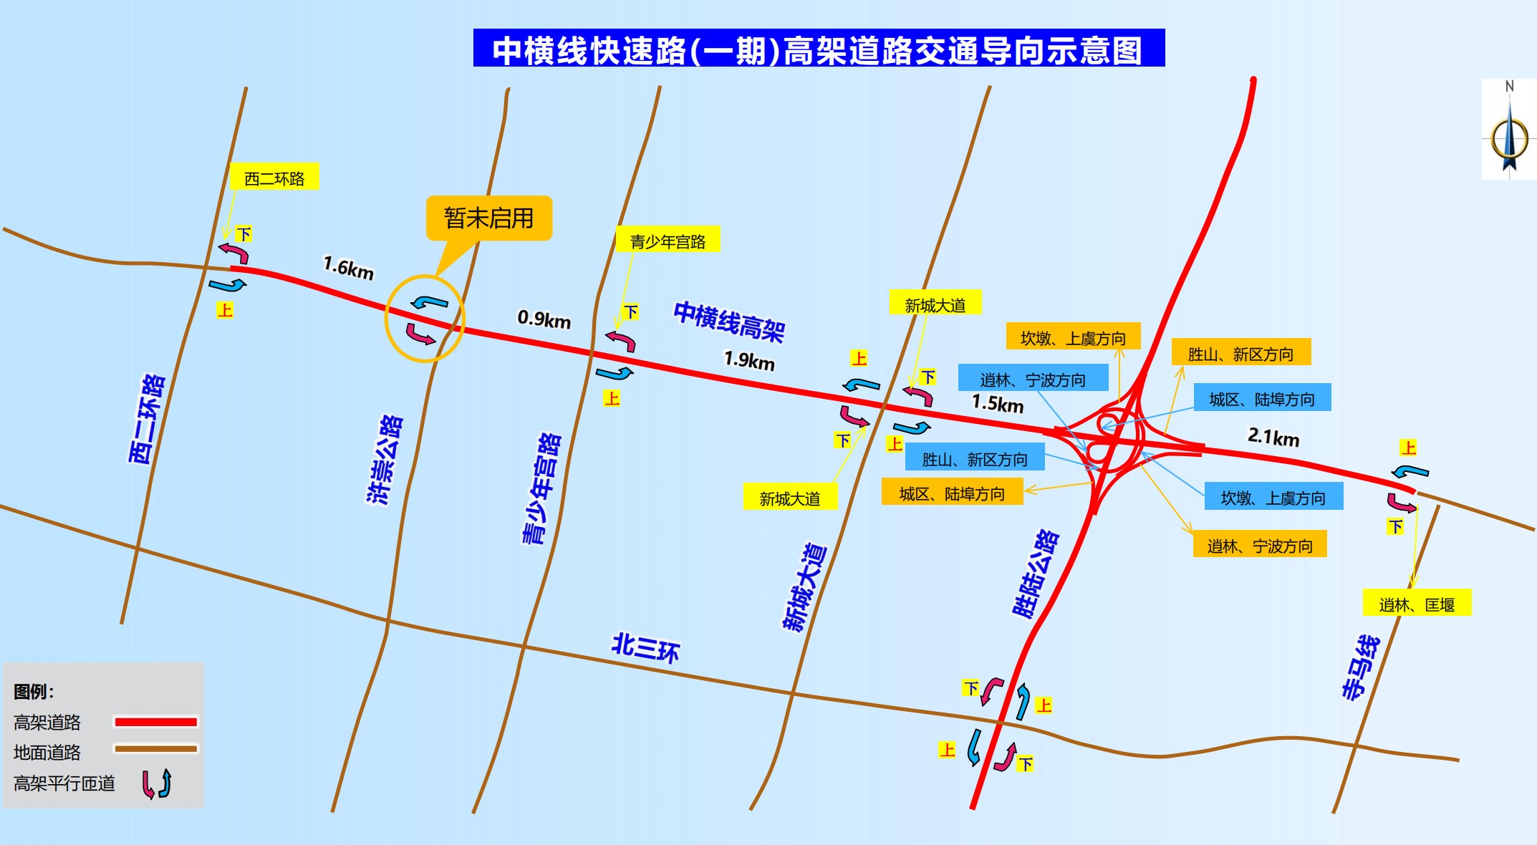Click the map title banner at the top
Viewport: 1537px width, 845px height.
[x=819, y=49]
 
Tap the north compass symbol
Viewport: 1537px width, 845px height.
[x=1509, y=132]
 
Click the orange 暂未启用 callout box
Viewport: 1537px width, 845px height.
[x=489, y=218]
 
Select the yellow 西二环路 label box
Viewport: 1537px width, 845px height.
[x=274, y=178]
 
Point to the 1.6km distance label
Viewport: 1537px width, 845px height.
[x=349, y=268]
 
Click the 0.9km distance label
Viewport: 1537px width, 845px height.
[x=544, y=319]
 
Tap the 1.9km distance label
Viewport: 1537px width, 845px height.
[x=749, y=359]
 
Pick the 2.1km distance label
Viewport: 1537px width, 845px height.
[x=1273, y=437]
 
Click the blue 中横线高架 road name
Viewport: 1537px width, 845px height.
[x=729, y=322]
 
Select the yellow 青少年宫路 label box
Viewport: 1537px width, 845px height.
[x=668, y=241]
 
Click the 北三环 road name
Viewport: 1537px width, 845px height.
[x=645, y=647]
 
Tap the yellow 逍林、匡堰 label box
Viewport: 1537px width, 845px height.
[x=1417, y=604]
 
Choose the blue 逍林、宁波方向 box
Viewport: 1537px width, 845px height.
[x=1033, y=379]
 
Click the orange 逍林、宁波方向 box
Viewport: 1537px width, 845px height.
[x=1260, y=546]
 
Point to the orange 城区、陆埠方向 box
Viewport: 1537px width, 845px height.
[x=952, y=493]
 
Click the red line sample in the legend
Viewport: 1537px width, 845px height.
[x=156, y=722]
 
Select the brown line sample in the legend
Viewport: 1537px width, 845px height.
[x=156, y=749]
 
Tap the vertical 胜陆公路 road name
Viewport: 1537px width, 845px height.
[x=1036, y=574]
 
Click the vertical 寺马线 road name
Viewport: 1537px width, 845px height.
[x=1361, y=667]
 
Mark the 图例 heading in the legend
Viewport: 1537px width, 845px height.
[x=34, y=692]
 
